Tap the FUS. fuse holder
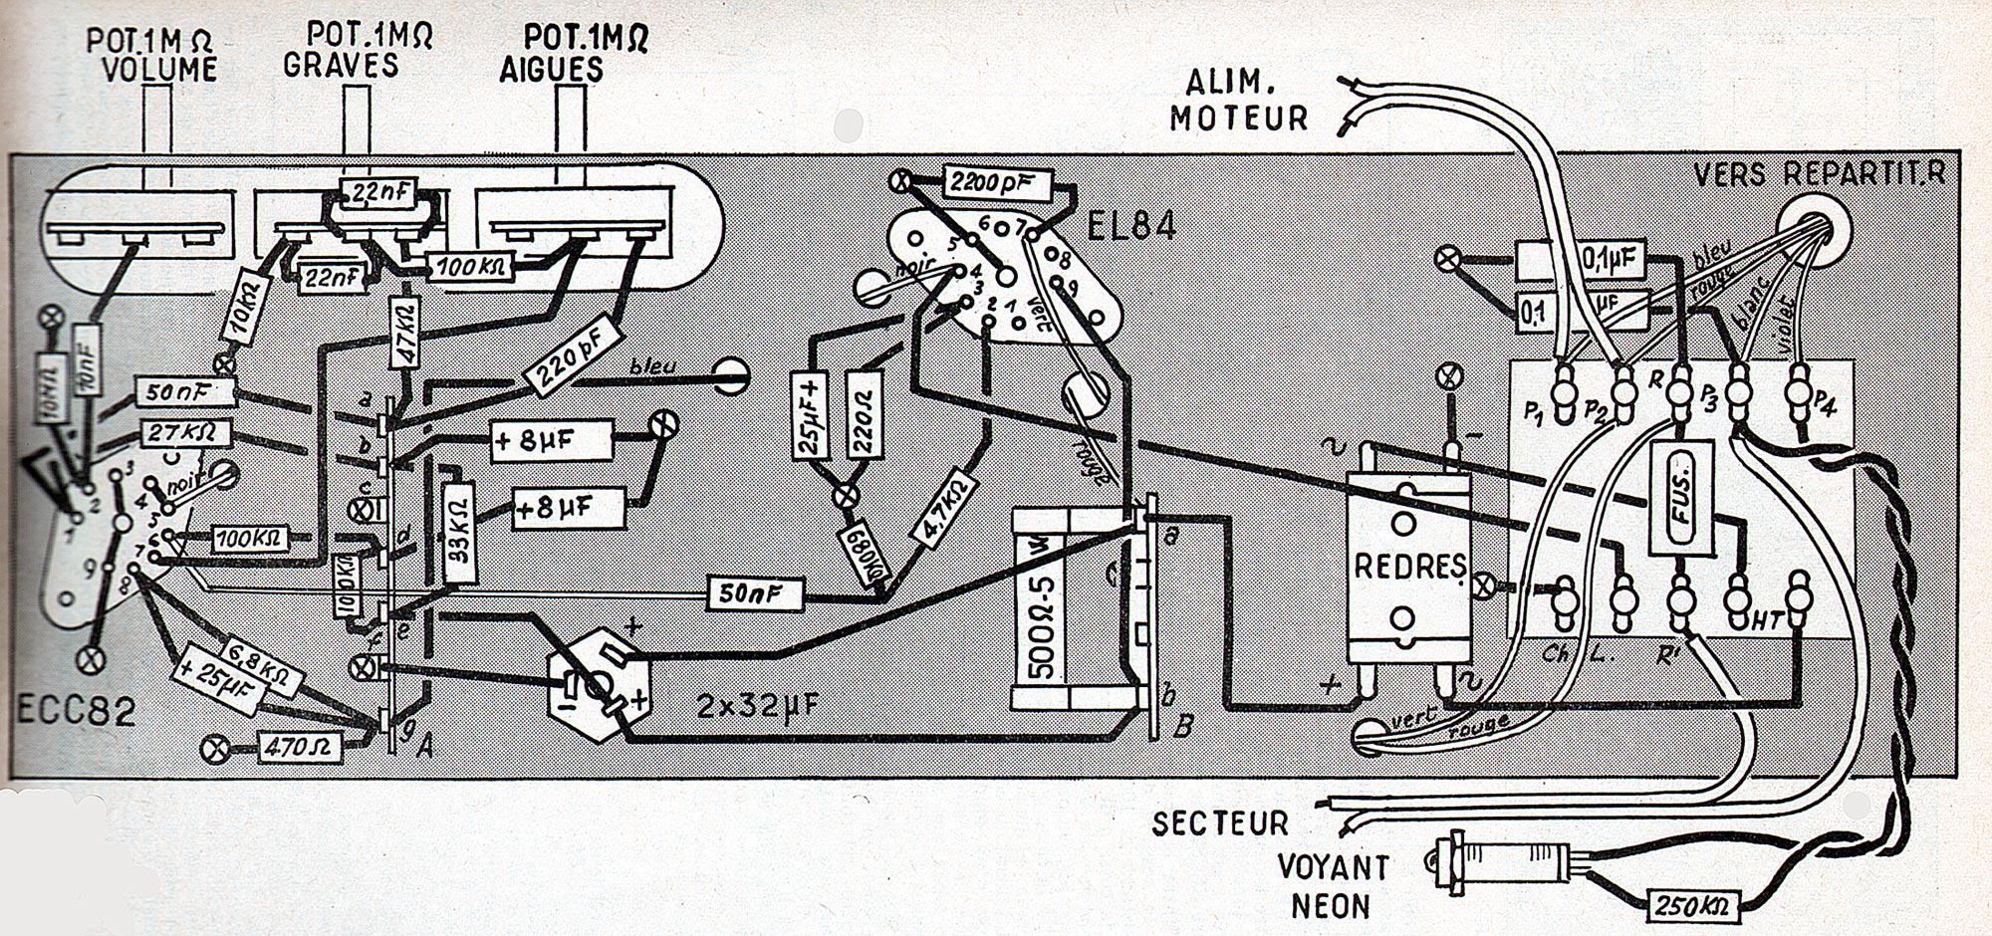(x=1680, y=497)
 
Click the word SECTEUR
(x=1220, y=823)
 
